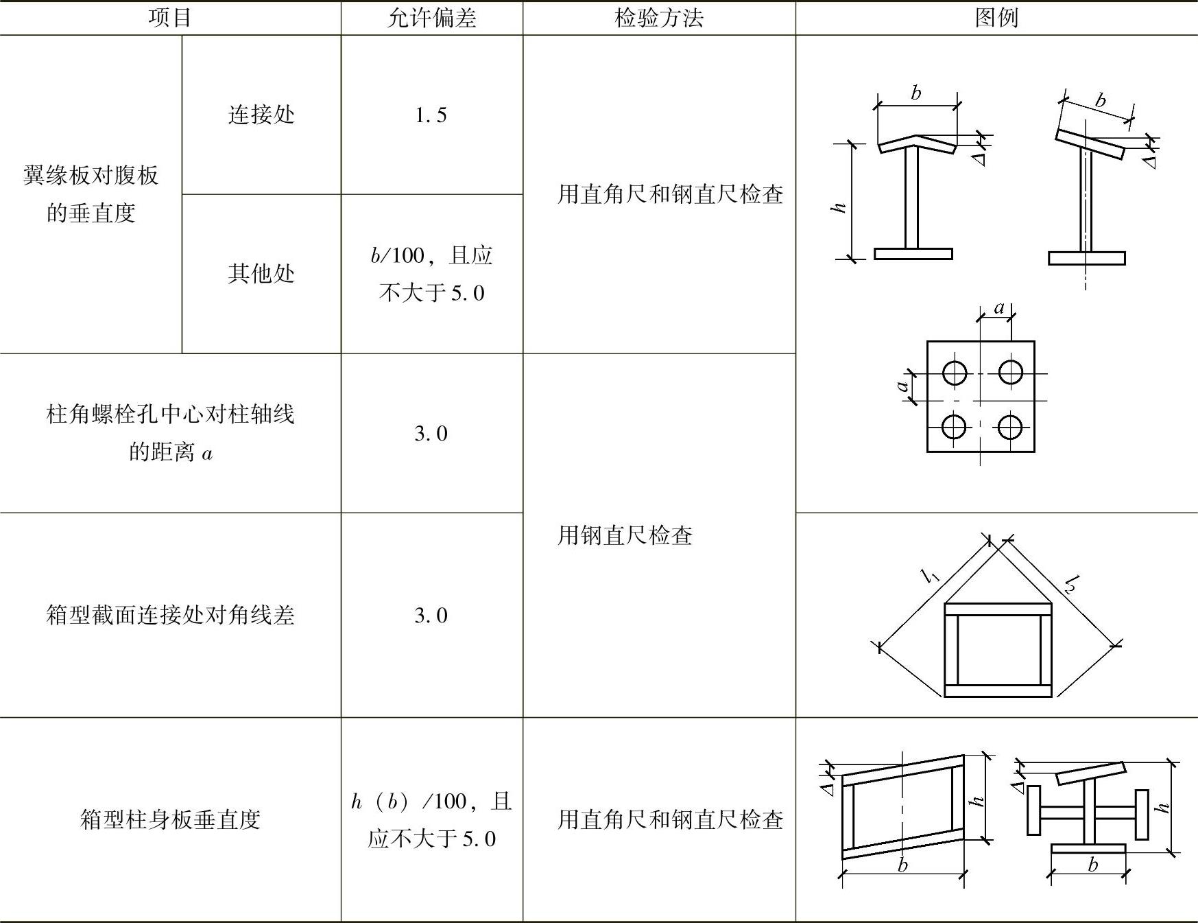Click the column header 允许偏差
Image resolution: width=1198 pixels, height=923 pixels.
point(431,18)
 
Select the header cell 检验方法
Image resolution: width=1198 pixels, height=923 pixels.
point(658,18)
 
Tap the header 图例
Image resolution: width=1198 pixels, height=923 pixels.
point(996,18)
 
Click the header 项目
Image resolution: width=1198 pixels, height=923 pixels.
point(169,18)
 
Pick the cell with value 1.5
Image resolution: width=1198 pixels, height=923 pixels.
point(431,115)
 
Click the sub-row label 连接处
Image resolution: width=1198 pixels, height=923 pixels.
point(261,115)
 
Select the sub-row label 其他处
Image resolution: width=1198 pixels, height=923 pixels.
point(261,274)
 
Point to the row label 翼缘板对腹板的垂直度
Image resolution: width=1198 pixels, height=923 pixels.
point(91,194)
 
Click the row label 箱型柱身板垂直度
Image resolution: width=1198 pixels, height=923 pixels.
point(170,819)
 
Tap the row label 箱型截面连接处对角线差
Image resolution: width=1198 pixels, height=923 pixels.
point(170,615)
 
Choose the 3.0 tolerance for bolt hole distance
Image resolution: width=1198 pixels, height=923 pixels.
point(431,434)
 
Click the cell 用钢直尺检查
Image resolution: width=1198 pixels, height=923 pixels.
point(625,535)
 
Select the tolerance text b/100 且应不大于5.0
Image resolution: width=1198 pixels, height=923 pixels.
point(431,274)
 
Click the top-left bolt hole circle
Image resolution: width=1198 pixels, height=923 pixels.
point(954,373)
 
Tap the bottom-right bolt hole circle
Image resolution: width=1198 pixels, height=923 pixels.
point(1009,427)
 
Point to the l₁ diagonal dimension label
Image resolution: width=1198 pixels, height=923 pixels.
point(931,575)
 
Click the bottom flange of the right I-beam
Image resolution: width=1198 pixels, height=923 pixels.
point(1086,258)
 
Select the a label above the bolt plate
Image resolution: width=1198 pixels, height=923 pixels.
point(999,308)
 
